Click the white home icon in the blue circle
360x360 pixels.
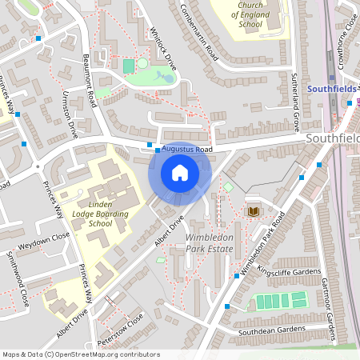180,172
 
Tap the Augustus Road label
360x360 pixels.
186,149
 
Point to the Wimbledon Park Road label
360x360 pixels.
259,245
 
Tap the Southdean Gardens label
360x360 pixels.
271,330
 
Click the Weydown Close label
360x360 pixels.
46,239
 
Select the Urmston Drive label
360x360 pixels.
69,114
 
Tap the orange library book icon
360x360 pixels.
254,210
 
